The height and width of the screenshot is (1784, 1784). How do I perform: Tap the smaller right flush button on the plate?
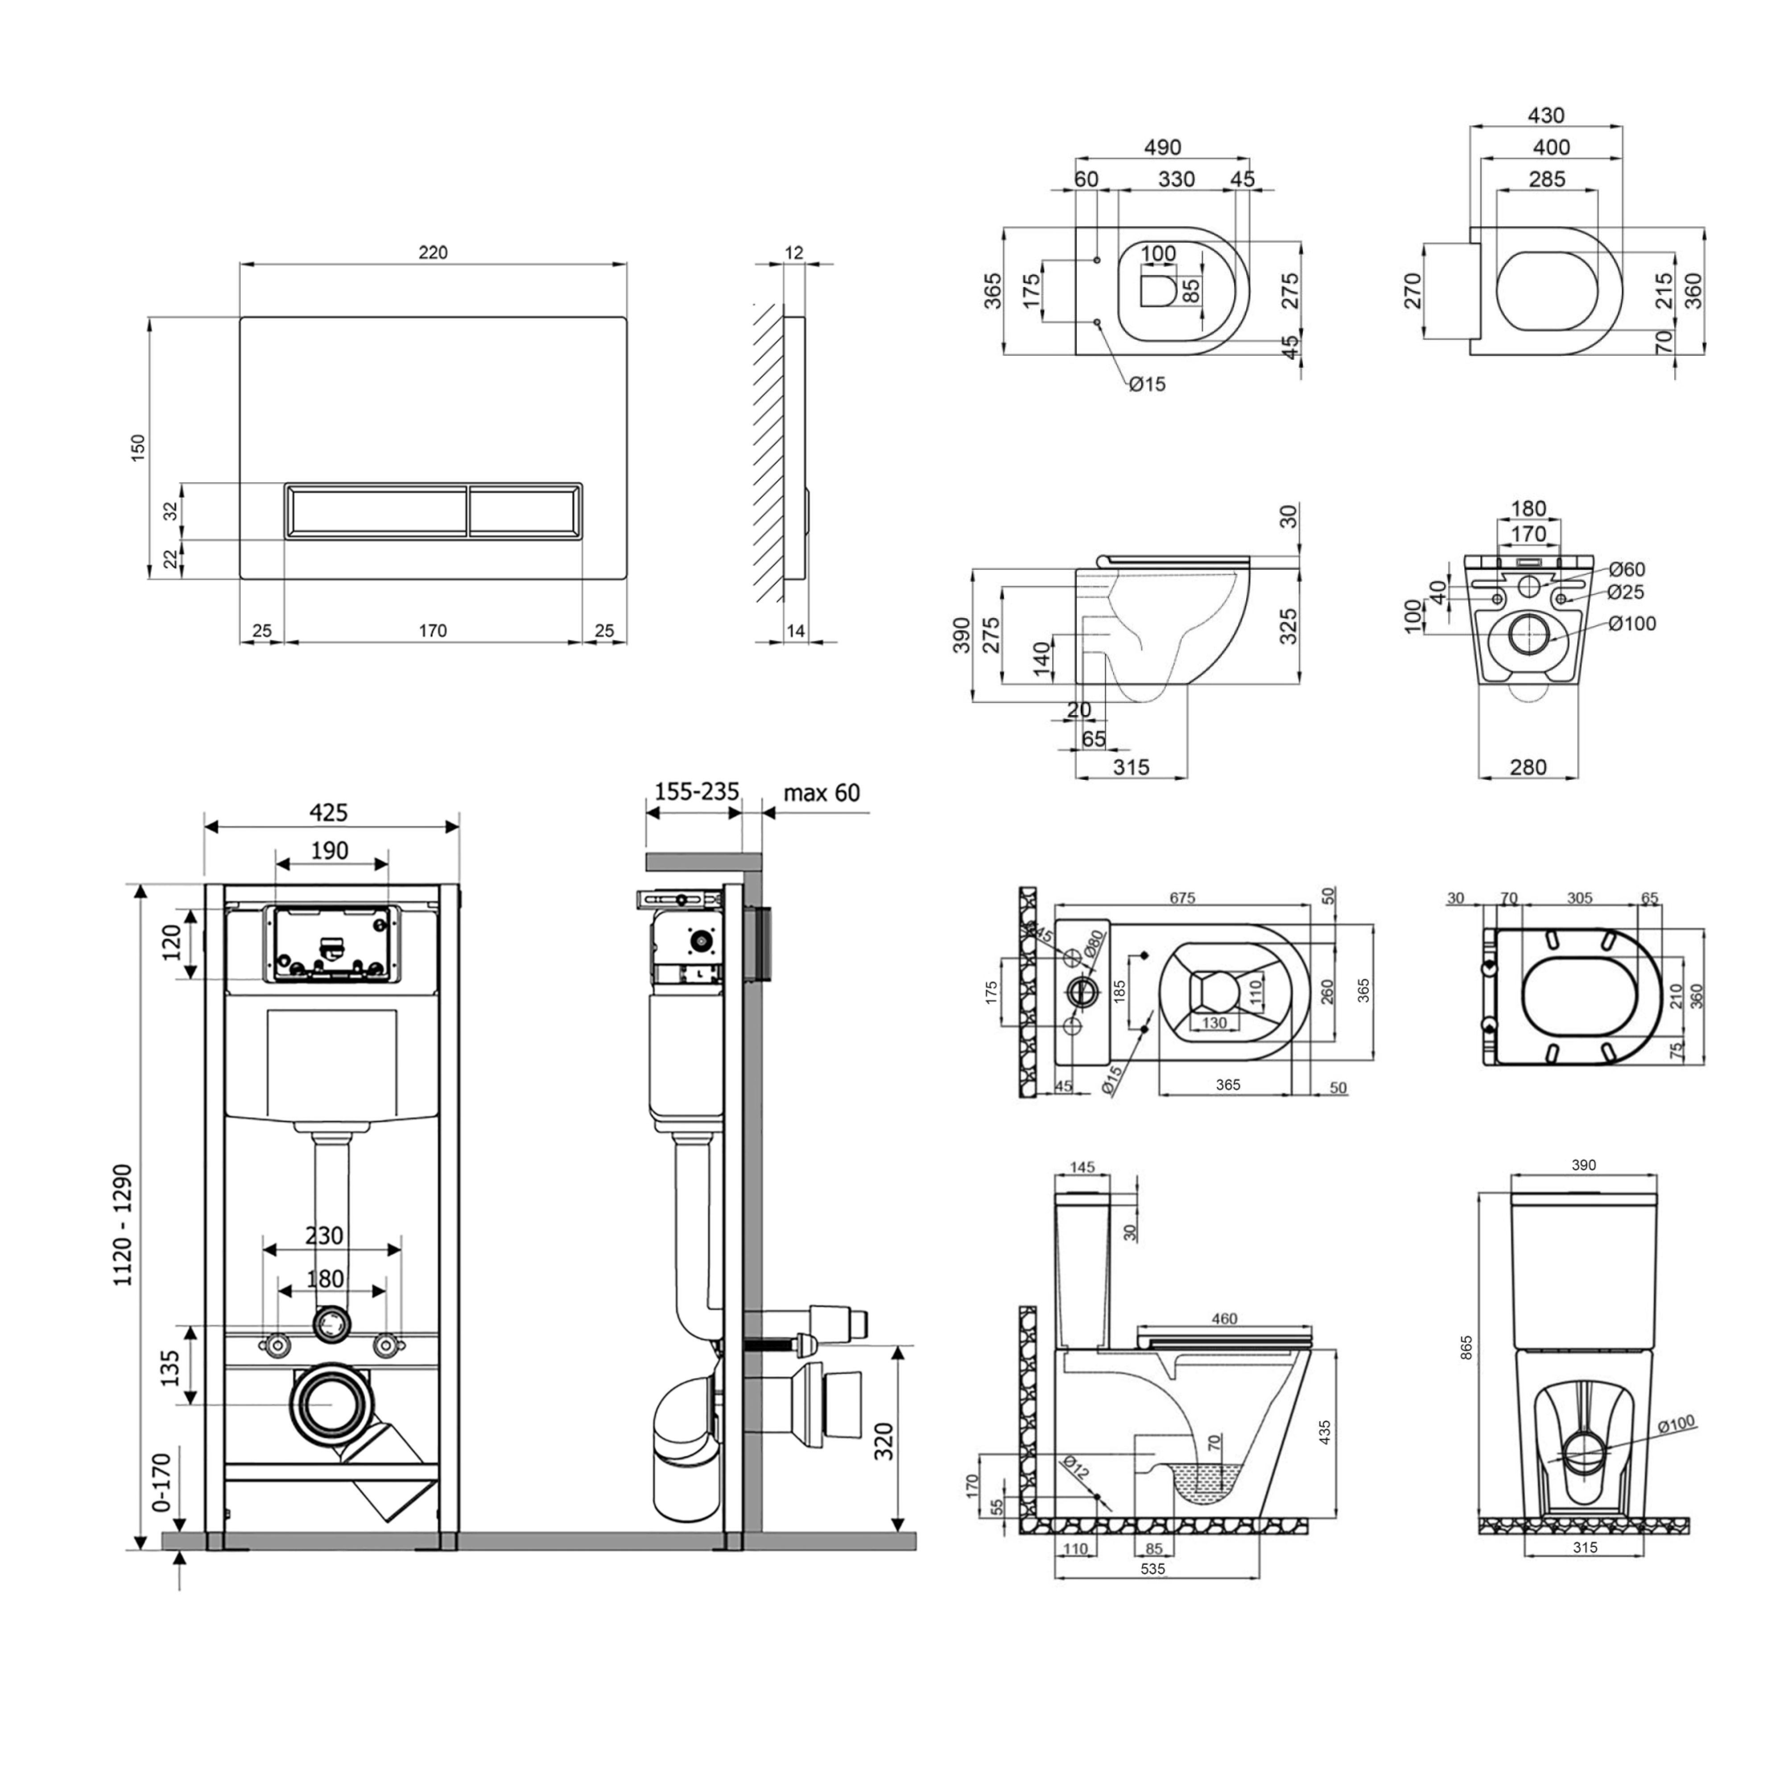[525, 509]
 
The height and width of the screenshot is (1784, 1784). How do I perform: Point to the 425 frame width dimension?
[329, 813]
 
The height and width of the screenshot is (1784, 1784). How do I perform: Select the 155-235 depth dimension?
[696, 791]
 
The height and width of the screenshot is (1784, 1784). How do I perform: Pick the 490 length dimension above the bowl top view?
[1163, 147]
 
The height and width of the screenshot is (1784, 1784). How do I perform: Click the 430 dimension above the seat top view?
[1546, 116]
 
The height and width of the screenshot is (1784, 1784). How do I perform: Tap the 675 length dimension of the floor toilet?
[1182, 897]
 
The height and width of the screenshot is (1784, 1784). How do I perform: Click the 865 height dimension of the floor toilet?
[1466, 1348]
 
